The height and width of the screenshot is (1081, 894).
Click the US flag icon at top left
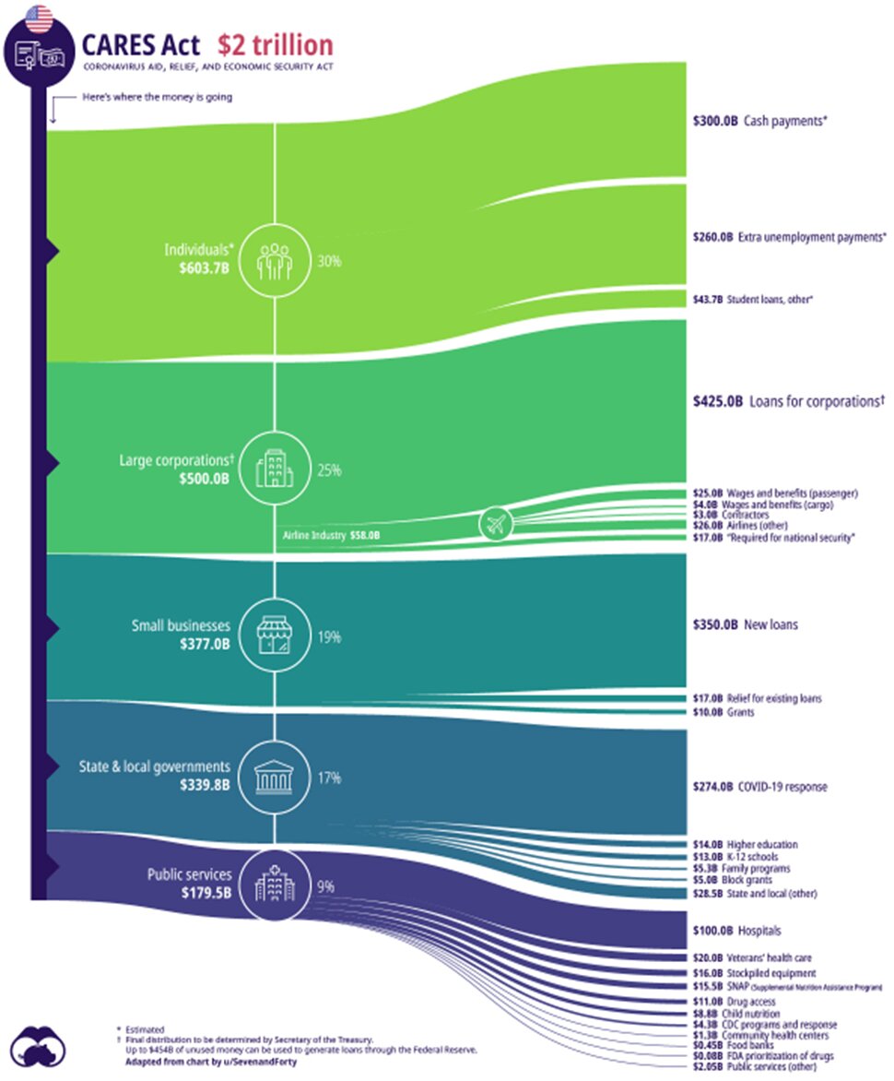[39, 18]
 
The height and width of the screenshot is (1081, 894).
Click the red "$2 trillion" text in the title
[275, 45]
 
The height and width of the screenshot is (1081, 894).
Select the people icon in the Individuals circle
[275, 260]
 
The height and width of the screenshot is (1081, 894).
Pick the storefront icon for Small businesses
[275, 636]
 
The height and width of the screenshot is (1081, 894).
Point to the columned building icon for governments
[275, 777]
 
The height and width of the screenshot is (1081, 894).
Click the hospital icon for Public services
[275, 883]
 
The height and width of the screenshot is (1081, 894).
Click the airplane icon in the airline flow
[496, 524]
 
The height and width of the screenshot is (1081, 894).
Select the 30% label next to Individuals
[329, 261]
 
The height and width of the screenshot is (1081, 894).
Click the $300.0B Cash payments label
[757, 120]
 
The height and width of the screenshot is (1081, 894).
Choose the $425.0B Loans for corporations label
[788, 401]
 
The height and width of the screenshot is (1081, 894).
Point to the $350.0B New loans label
[745, 624]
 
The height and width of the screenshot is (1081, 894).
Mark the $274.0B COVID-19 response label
[759, 787]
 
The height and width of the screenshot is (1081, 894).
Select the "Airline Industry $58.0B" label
[330, 534]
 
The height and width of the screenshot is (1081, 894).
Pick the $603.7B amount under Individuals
[205, 268]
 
